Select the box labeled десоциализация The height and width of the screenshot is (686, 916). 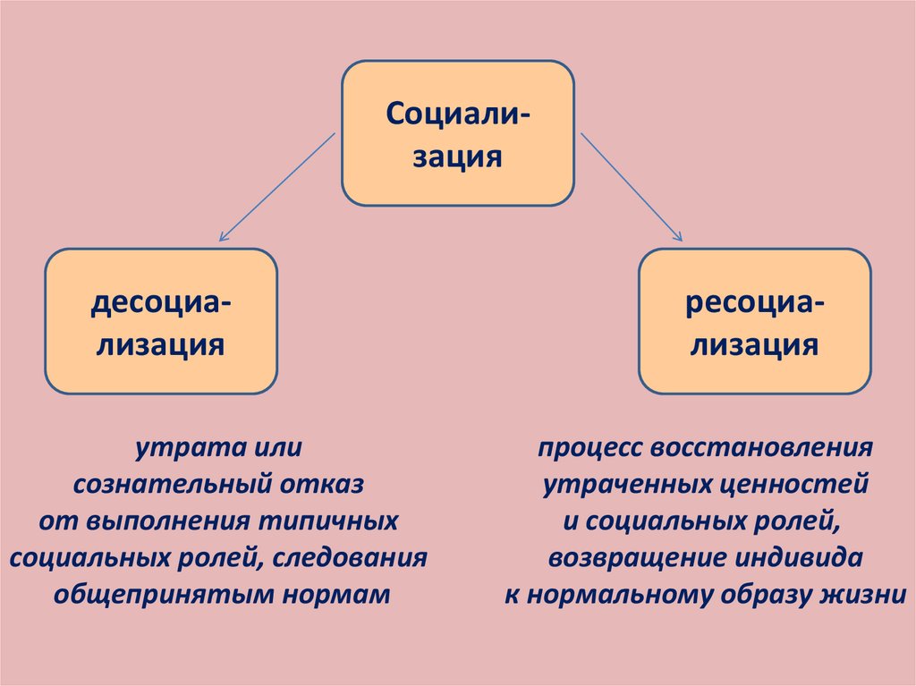(161, 321)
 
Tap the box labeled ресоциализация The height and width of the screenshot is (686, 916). (755, 321)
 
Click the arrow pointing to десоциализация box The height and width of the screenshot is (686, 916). (276, 187)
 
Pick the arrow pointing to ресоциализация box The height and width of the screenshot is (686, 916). (632, 187)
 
